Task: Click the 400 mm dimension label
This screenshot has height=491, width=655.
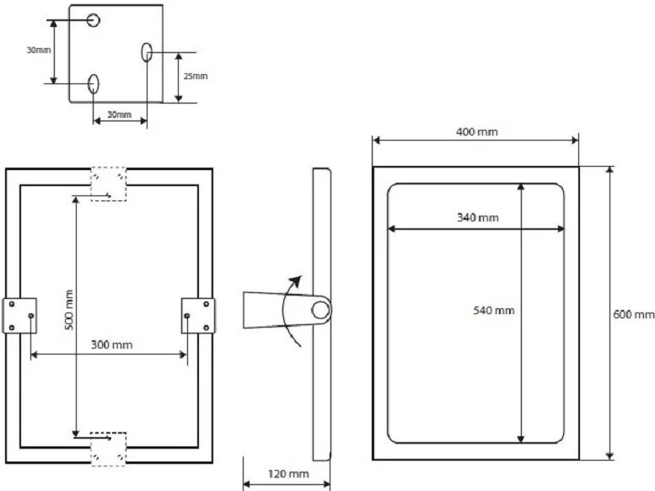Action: [x=476, y=132]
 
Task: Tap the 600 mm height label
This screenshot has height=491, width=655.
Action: [x=633, y=314]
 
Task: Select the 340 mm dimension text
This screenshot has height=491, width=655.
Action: [x=477, y=217]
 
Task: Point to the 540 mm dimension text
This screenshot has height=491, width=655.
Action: [x=493, y=311]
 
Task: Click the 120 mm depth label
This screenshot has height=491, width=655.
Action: [x=288, y=474]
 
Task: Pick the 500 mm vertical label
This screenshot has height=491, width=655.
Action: [x=69, y=310]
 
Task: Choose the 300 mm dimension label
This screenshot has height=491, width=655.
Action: [x=111, y=344]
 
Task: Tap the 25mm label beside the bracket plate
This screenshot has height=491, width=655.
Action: [x=196, y=77]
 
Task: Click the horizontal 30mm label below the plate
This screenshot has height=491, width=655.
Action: [x=120, y=115]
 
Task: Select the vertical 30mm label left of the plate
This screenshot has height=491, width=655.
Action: [x=39, y=50]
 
